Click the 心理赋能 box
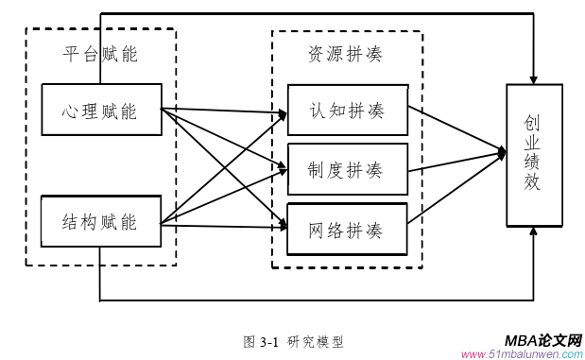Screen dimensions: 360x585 pos(101,110)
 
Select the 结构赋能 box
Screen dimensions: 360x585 pos(101,223)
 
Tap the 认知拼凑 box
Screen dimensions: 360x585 pos(347,110)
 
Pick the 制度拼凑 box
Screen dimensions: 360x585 pos(347,169)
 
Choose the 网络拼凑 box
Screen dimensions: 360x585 pos(347,229)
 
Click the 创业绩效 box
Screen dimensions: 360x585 pos(534,155)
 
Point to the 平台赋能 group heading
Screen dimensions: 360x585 pos(100,54)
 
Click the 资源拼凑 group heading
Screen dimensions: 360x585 pos(346,54)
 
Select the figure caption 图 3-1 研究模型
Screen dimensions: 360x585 pos(293,341)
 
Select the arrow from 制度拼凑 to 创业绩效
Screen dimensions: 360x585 pos(457,161)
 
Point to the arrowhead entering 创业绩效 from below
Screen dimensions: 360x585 pos(534,231)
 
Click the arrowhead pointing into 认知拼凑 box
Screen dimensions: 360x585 pos(283,115)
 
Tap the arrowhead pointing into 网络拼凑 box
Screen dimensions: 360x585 pos(283,227)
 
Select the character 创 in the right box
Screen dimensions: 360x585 pos(534,123)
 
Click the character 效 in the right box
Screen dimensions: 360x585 pos(534,184)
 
